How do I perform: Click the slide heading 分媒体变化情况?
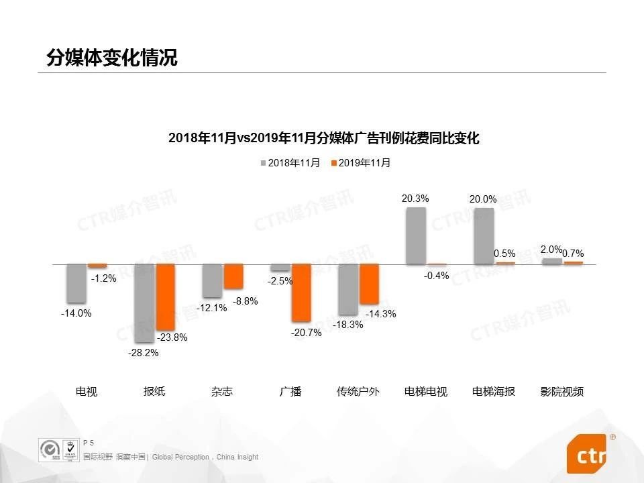(x=112, y=58)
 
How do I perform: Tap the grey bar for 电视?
(x=76, y=283)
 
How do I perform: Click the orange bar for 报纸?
(x=165, y=297)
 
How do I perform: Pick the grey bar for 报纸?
(x=144, y=303)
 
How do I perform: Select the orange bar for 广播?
(x=301, y=292)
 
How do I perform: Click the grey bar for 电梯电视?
(x=416, y=235)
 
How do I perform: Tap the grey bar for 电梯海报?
(x=484, y=236)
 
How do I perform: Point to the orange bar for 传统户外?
(x=369, y=284)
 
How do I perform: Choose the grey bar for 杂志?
(x=213, y=280)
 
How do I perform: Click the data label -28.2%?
(x=143, y=354)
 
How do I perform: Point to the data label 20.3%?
(x=415, y=199)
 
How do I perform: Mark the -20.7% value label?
(x=306, y=332)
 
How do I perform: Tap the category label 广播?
(x=290, y=392)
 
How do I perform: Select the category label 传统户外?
(x=358, y=392)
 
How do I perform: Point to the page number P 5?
(x=89, y=443)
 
